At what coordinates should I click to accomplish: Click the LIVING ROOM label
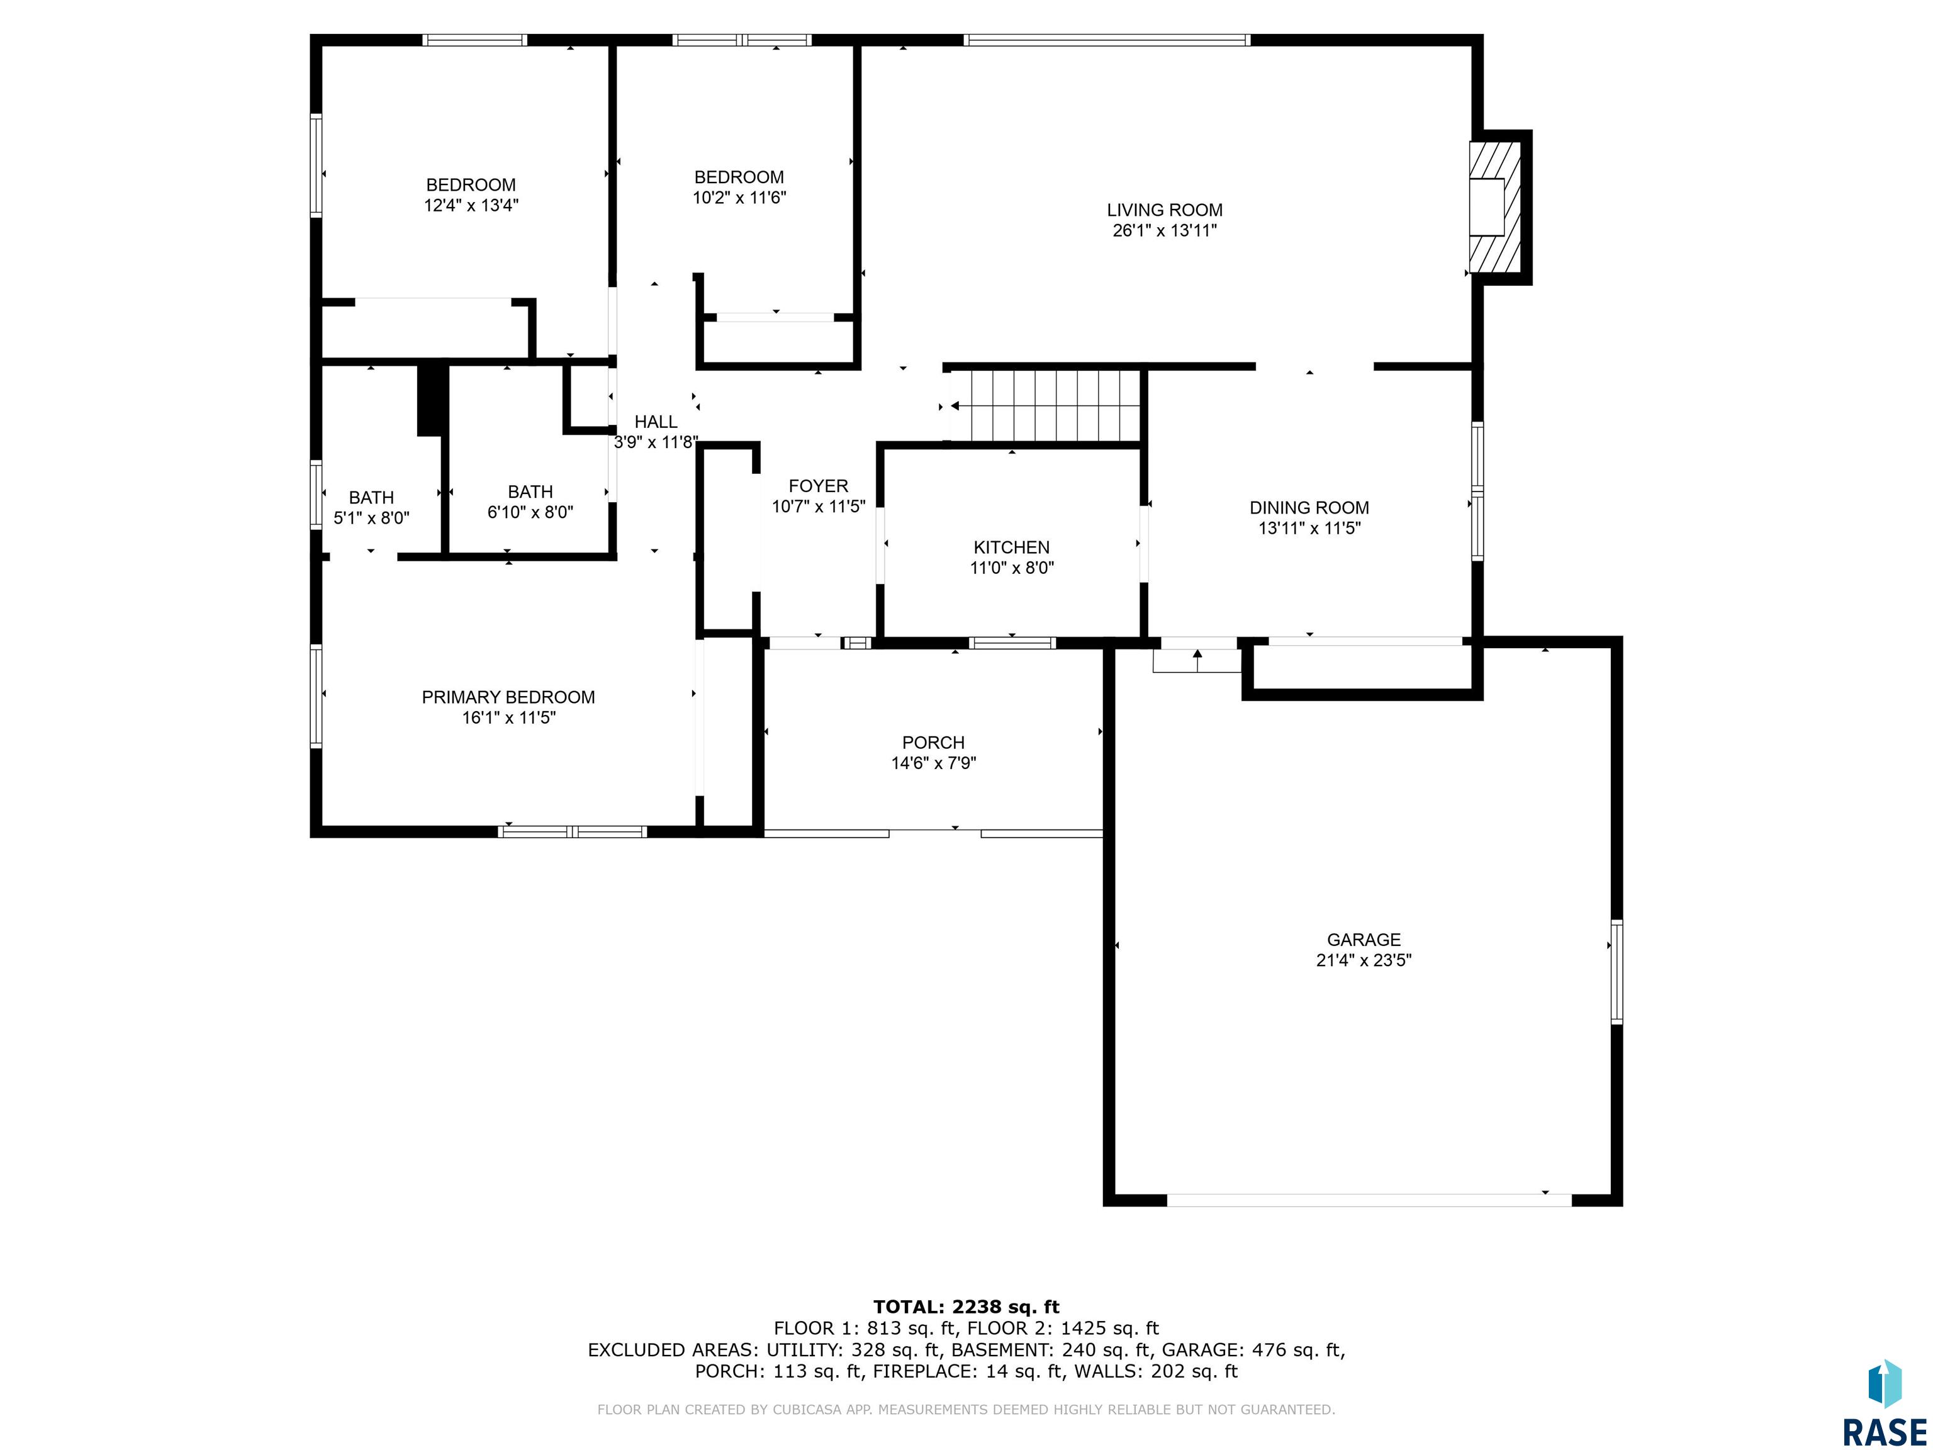point(1164,210)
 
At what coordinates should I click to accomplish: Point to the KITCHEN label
point(1011,547)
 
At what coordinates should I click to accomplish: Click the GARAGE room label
point(1364,940)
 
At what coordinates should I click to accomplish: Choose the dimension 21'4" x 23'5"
point(1364,960)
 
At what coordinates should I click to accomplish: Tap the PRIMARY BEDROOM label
point(508,697)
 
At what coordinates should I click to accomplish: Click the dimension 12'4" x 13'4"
point(471,205)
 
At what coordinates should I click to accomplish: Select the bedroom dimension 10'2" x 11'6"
point(739,198)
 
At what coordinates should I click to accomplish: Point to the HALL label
point(656,421)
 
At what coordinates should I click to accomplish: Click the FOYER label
point(818,486)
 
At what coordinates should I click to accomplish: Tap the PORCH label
point(933,742)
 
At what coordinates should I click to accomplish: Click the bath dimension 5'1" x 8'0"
point(371,517)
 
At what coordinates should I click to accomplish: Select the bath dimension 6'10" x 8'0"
point(530,512)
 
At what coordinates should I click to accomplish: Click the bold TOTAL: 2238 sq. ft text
point(966,1307)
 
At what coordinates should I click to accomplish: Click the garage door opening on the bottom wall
point(1369,1200)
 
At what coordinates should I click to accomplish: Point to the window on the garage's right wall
point(1616,972)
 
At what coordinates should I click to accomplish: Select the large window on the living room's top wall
point(1107,39)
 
